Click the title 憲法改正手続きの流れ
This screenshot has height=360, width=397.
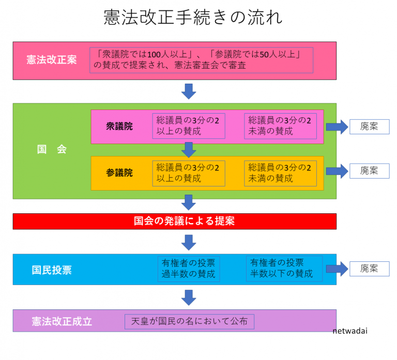click(193, 18)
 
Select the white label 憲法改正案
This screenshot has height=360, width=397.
click(52, 60)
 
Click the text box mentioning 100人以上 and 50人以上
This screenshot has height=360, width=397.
click(201, 60)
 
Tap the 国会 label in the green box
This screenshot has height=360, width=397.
click(52, 149)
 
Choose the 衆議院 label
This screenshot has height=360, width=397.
click(119, 126)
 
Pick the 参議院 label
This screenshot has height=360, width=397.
click(119, 173)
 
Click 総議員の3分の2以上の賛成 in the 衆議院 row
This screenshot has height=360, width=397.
click(189, 126)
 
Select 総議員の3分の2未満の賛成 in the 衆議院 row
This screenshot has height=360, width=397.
click(280, 126)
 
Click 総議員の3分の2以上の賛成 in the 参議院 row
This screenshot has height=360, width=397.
click(189, 174)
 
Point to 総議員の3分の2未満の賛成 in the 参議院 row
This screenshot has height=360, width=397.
click(280, 174)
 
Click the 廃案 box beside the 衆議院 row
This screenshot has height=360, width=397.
click(370, 127)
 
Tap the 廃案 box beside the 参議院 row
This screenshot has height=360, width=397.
click(370, 171)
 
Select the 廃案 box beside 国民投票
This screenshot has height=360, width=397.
click(370, 269)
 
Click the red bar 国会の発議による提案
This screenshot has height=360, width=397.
click(175, 222)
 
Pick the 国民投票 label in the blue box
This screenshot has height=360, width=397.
click(52, 270)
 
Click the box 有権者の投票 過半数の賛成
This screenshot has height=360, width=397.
click(189, 269)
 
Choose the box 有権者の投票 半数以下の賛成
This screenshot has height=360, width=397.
click(284, 269)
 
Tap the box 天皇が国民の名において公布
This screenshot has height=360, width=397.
click(189, 322)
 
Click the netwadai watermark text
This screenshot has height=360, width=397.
click(350, 331)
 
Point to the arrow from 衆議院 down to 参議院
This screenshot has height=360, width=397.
click(189, 150)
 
